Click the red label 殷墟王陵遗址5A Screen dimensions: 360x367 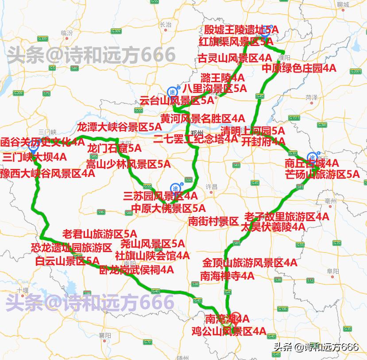coord(241,30)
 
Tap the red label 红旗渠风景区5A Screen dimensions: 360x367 coord(236,42)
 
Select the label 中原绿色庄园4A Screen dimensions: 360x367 coord(299,69)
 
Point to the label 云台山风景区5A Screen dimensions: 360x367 coord(176,100)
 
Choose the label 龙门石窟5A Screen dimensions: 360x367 coord(114,148)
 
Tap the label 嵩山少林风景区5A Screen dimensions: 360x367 coord(128,164)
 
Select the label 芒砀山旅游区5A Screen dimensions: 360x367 coord(322,174)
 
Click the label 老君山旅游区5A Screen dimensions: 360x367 coord(99,234)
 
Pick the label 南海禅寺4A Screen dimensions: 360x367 coord(227,276)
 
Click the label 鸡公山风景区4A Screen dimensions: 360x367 coord(228,331)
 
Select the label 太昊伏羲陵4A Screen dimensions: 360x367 coord(273,227)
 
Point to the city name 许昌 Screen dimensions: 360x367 coord(212,187)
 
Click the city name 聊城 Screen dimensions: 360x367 coord(343,4)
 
